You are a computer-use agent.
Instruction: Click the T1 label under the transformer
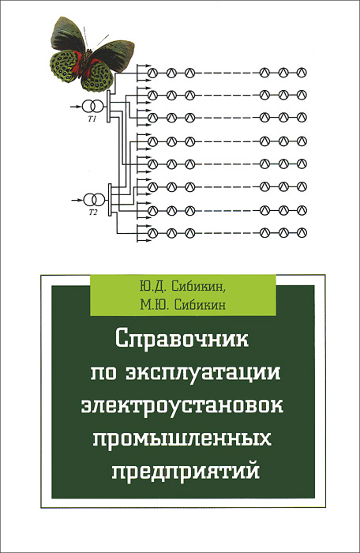tap(92, 119)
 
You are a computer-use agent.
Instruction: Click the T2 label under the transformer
tap(92, 213)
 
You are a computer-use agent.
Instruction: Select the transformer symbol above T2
tap(93, 200)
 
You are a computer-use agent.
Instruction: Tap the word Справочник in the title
tap(182, 340)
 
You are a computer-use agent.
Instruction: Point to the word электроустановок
tap(182, 405)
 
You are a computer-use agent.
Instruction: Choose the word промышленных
tap(182, 438)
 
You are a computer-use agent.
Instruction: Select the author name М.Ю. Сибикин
tap(182, 303)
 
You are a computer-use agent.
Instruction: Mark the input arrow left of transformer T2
tap(76, 200)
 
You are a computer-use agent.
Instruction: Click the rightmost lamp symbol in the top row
tap(302, 73)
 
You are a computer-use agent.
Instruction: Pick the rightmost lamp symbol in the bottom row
tap(302, 233)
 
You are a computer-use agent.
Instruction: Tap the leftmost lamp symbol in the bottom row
tap(152, 233)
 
